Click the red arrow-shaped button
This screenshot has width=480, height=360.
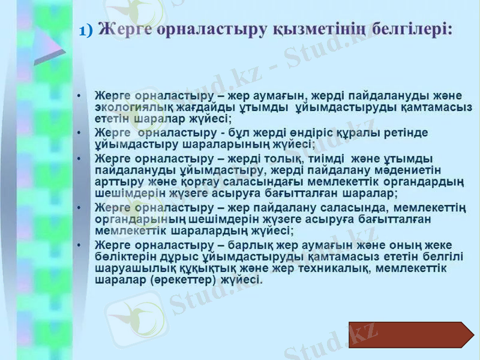(x=410, y=335)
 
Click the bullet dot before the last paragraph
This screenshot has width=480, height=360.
(x=79, y=245)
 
